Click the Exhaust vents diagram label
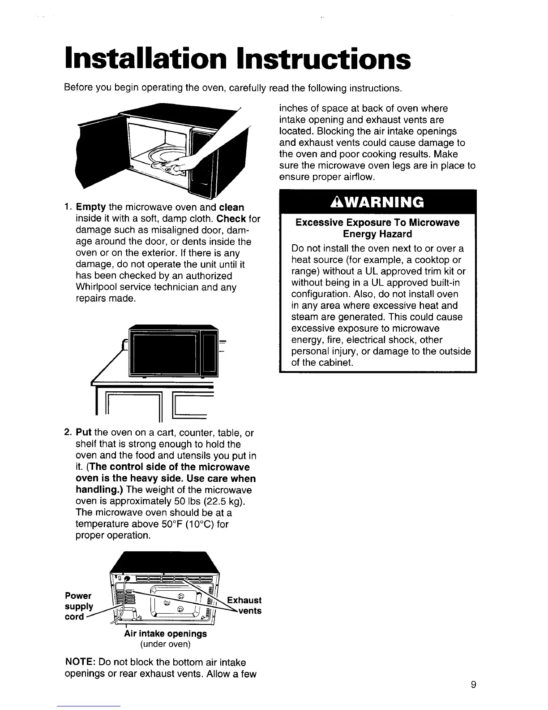pos(244,606)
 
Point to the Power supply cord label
pos(79,606)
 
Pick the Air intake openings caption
pos(165,633)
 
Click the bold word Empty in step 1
pos(90,208)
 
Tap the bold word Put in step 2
pos(84,433)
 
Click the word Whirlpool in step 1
pos(98,287)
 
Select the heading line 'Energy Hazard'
pos(377,234)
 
